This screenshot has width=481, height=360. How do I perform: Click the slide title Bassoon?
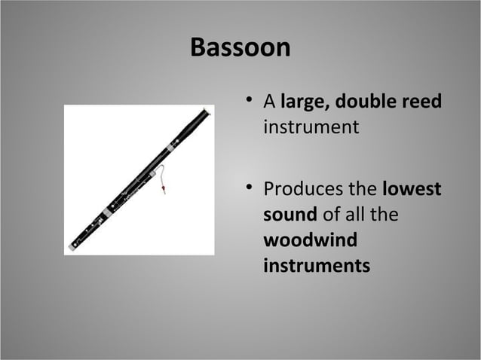(x=240, y=47)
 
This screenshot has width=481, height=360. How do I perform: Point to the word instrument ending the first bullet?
(x=311, y=127)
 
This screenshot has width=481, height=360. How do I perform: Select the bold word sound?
(x=290, y=215)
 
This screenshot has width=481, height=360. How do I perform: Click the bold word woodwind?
(x=310, y=240)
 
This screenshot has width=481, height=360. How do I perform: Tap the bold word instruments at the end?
(x=317, y=265)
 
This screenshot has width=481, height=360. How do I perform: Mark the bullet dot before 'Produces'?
(x=248, y=189)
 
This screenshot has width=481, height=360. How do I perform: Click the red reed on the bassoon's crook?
(x=164, y=190)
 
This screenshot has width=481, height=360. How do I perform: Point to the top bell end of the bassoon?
(x=205, y=112)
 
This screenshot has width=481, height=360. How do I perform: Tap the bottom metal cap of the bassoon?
(x=72, y=246)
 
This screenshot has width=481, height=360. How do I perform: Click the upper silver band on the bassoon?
(x=170, y=148)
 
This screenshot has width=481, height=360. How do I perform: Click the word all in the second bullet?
(x=352, y=215)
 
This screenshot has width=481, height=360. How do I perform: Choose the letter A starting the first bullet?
(x=269, y=102)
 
